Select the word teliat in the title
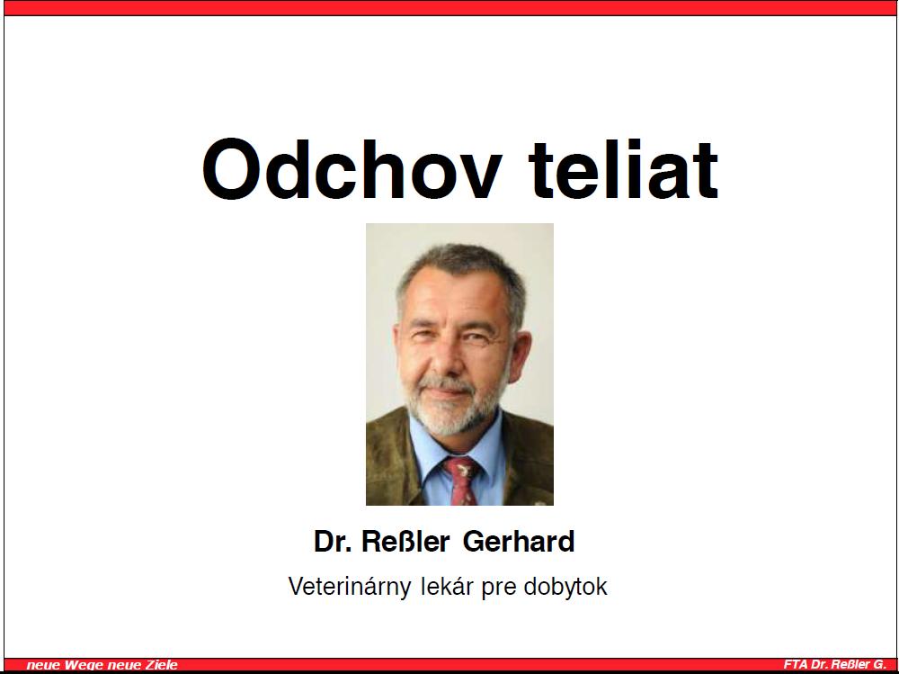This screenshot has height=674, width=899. coord(623,169)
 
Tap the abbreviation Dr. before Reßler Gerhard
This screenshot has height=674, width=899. coord(333,542)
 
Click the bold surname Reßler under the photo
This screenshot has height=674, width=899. coord(405,542)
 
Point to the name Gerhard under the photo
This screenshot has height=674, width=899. coord(519,542)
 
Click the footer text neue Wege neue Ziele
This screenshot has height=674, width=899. coord(102,665)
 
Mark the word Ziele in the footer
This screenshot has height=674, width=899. coord(162,665)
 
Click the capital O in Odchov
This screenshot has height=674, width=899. coord(230,169)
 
